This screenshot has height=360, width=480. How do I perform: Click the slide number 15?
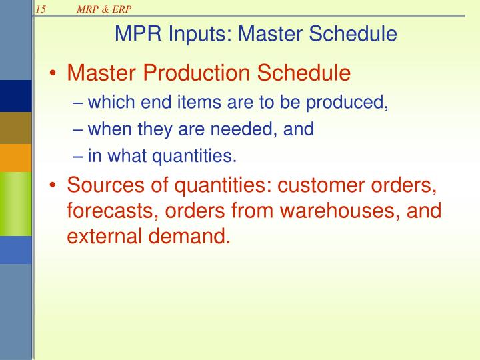[40, 9]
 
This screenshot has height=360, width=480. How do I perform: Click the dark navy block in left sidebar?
[15, 95]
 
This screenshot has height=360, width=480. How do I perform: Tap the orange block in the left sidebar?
[15, 158]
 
